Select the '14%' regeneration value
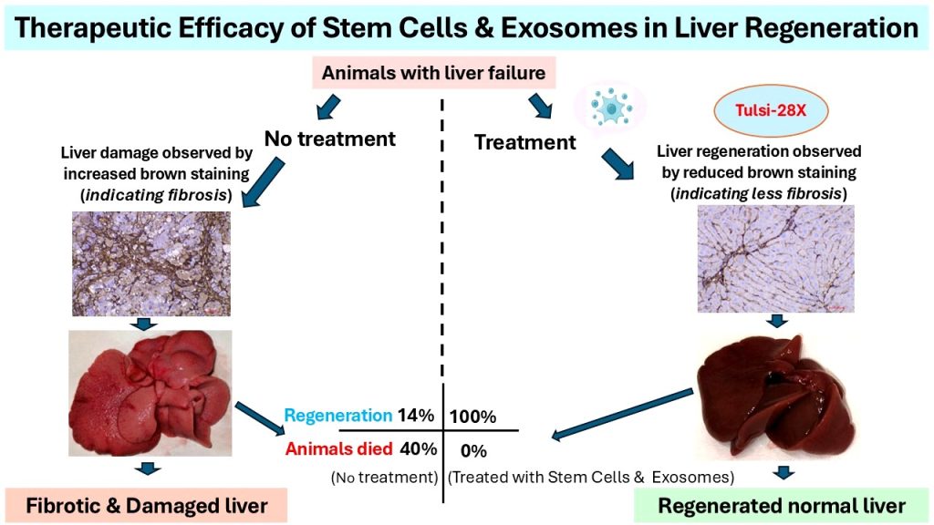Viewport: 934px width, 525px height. (x=418, y=415)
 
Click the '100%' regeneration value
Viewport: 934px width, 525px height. (x=472, y=417)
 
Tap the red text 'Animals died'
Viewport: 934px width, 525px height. (x=337, y=448)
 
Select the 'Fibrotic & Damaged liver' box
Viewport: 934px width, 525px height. (x=146, y=504)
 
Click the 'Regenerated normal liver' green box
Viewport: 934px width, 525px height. (x=782, y=505)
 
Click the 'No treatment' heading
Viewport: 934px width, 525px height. (x=330, y=139)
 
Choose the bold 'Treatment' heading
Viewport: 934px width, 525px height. (x=525, y=142)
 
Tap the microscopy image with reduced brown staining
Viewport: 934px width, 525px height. (x=775, y=258)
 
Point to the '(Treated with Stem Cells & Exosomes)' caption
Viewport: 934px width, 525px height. (x=592, y=476)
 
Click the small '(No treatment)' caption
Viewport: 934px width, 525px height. (x=384, y=476)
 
